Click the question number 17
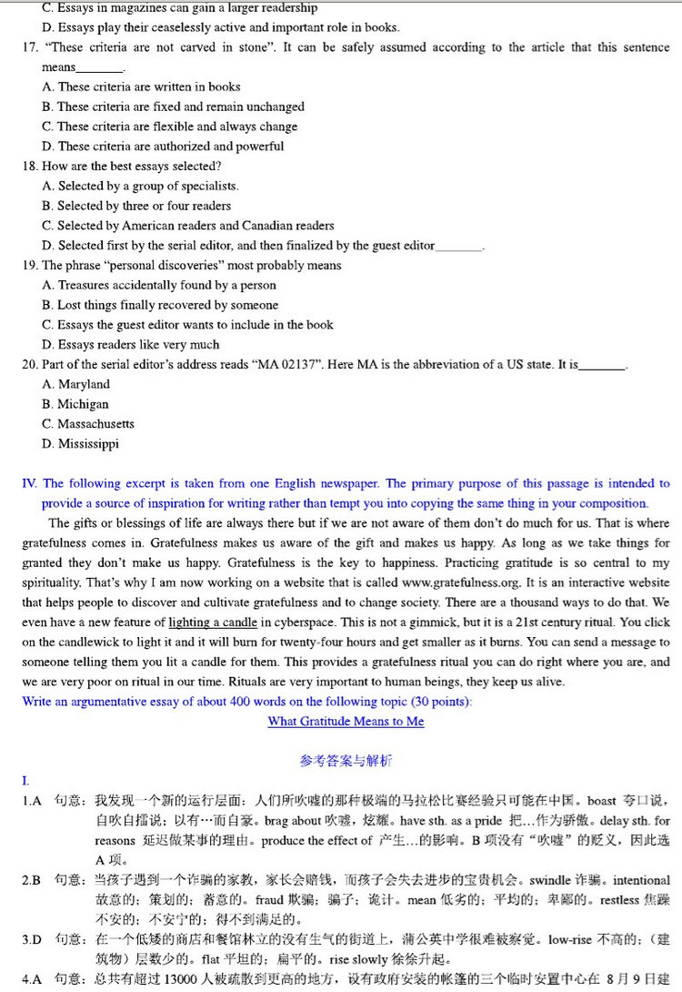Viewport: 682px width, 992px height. tap(29, 47)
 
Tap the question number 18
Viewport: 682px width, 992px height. tap(29, 167)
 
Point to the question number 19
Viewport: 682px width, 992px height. tap(29, 266)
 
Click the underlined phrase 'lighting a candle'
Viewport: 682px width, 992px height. tap(213, 623)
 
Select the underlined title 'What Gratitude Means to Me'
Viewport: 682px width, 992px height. tap(346, 722)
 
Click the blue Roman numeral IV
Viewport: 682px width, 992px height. tap(29, 484)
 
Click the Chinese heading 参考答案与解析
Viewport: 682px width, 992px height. tap(346, 761)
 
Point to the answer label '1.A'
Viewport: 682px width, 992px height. tap(33, 802)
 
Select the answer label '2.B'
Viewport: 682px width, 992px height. tap(32, 881)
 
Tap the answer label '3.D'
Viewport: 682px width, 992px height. tap(32, 939)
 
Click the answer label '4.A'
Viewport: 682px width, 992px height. tap(32, 979)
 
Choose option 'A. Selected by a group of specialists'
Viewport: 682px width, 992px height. tap(140, 186)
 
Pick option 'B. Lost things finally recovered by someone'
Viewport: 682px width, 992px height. tap(160, 305)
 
